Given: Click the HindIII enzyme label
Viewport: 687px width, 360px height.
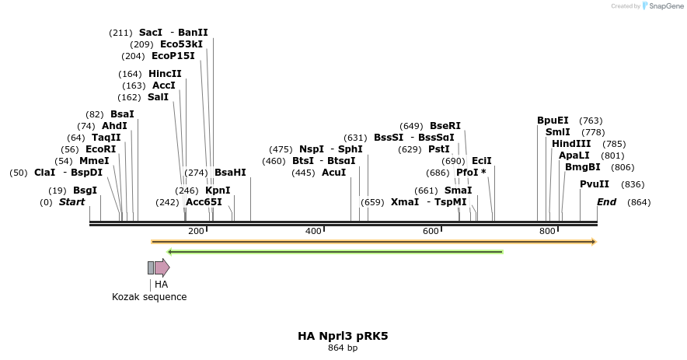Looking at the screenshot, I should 571,144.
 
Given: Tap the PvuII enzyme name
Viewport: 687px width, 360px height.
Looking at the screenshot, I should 595,184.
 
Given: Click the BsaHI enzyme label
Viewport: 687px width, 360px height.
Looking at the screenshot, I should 230,173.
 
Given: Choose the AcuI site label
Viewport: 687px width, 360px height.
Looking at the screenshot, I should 333,173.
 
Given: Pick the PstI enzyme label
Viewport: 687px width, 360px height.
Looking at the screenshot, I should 439,149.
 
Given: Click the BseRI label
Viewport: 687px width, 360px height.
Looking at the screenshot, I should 445,126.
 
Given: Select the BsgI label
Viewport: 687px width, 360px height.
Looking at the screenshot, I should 85,190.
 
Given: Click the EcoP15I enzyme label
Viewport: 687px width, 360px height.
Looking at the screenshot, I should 173,56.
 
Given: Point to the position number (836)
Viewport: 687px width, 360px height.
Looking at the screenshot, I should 633,184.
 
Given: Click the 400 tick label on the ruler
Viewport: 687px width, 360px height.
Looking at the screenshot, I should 313,231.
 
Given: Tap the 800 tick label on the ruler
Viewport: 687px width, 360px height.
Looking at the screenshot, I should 548,231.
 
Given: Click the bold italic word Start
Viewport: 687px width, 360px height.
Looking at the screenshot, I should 72,202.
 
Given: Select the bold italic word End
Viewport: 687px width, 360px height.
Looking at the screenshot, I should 606,202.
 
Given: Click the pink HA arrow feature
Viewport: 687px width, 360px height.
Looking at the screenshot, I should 162,268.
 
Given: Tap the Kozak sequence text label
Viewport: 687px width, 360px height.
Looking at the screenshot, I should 149,297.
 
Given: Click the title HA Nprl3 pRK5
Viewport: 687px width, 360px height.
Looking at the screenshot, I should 343,336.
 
